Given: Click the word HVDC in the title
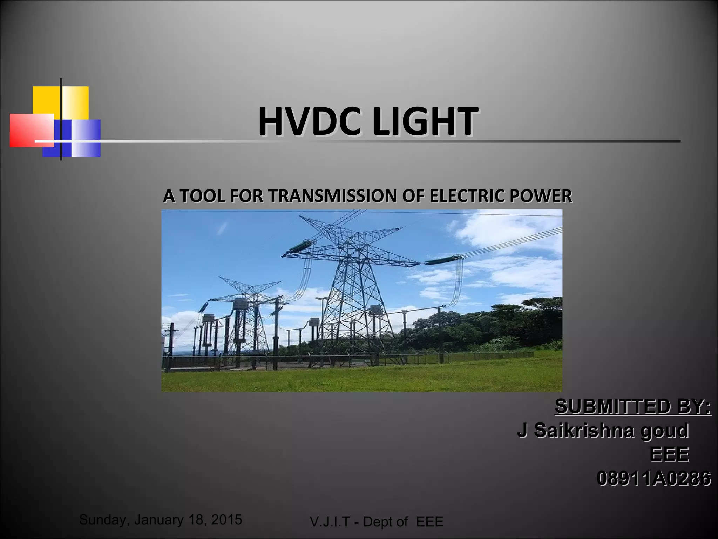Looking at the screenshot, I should click(309, 121).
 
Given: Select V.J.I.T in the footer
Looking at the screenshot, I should click(330, 522).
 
